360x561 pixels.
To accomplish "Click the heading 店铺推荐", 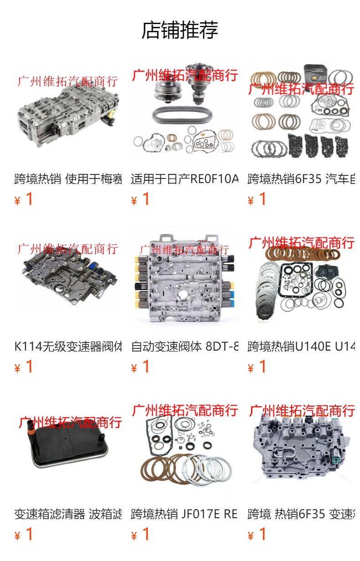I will [180, 30].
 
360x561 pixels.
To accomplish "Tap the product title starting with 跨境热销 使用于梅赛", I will [68, 179].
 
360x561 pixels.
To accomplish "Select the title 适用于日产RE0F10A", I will [185, 179].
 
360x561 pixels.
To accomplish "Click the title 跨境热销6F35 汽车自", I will [301, 179].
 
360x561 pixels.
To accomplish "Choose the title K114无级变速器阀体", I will [68, 347].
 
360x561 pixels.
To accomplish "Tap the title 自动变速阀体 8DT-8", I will [185, 347].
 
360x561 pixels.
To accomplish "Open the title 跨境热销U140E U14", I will [301, 347].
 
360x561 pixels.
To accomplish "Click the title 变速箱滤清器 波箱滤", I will [68, 514].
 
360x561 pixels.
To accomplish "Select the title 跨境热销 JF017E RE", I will [185, 514].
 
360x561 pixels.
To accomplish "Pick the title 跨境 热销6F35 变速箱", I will [301, 514].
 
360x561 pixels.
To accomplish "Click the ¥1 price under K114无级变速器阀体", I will [24, 367].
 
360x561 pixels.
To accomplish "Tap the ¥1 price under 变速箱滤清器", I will [24, 535].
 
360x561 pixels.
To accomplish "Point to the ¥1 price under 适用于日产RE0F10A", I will [141, 199].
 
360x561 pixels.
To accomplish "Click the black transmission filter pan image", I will [68, 451].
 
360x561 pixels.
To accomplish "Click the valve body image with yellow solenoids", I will [185, 282].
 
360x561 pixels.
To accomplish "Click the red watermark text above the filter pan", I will [70, 422].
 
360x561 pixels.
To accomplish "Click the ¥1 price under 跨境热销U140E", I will [257, 367].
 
